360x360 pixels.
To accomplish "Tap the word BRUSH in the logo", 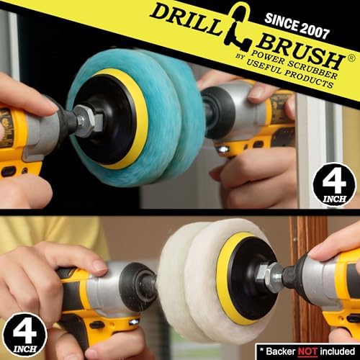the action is click(x=300, y=52).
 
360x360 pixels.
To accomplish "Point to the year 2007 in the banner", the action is click(x=314, y=30).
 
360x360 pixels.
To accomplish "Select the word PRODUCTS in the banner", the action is click(x=309, y=78).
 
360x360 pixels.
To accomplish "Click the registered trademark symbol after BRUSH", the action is click(x=351, y=58).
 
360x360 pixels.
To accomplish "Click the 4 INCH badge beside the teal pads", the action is click(x=334, y=184).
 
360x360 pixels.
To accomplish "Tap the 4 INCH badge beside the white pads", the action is click(x=24, y=335).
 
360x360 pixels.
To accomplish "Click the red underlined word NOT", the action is click(x=307, y=351).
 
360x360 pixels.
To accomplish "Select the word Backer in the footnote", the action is click(x=281, y=351).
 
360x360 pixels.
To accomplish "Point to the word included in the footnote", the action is click(x=338, y=351).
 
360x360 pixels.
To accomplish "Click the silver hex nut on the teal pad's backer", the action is click(x=89, y=121).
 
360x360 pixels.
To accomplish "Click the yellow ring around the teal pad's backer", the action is click(x=142, y=115).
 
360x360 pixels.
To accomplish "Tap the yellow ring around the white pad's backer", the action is click(x=222, y=276).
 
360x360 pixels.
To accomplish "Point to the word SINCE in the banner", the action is click(x=282, y=22).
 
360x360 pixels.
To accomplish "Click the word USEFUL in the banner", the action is click(x=264, y=66).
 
